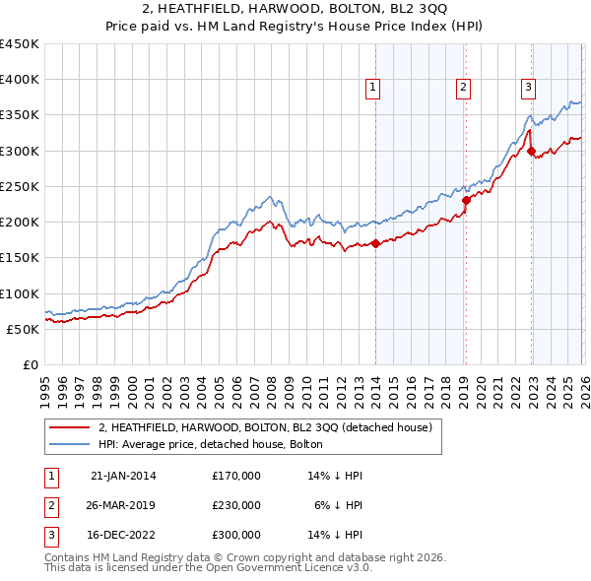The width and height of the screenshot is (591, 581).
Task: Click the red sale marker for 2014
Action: pos(376,244)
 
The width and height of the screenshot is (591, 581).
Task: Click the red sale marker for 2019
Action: pos(466,200)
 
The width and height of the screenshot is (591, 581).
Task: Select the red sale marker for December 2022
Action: pos(531,151)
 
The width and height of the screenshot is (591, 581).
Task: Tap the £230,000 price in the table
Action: pos(235,505)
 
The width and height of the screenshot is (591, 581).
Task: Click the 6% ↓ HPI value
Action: pos(339,505)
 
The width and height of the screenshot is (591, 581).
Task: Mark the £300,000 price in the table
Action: pos(235,535)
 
